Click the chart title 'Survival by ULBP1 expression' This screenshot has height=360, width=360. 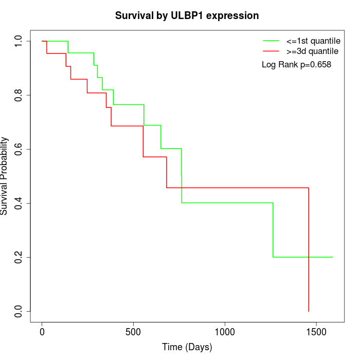pos(187,16)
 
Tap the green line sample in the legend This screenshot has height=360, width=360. pos(271,41)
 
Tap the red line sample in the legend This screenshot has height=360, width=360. pos(271,51)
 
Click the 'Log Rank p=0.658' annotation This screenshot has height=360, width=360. pos(296,65)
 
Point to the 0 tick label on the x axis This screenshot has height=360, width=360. pos(42,332)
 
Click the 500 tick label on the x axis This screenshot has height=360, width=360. pos(133,332)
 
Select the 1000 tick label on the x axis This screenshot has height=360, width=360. pos(225,332)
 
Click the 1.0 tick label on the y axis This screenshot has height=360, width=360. pos(19,41)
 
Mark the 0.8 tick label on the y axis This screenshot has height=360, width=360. pos(19,95)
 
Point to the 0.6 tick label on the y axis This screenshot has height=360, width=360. pos(19,149)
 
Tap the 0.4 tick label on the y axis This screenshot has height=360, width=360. pos(19,203)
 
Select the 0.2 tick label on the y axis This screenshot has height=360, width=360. pos(19,257)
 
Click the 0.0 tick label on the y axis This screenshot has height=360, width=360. pos(19,311)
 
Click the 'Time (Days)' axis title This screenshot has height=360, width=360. pos(187,347)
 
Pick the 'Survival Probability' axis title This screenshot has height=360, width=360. pos(5,176)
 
